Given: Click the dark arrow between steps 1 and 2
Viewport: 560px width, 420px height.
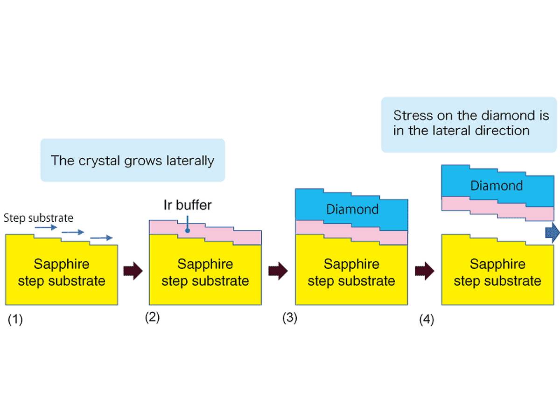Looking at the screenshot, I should pos(133,271).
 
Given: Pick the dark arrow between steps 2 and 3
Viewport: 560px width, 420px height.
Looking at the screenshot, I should pos(279,271).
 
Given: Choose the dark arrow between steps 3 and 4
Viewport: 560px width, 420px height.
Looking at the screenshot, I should pos(425,271).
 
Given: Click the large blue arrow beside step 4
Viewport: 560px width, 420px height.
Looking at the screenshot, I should pos(552,232).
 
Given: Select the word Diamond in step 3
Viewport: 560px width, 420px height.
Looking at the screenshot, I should pos(352,209).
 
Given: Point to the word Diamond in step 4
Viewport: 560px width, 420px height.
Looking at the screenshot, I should pos(496,186).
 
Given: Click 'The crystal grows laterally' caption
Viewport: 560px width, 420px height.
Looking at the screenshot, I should pos(133,161).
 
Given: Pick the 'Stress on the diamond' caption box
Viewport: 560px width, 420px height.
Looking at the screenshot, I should pos(469,123).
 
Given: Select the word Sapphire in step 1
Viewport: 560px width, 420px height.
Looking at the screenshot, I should pos(61,264).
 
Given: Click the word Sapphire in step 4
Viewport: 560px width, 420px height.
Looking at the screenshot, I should pos(497,264).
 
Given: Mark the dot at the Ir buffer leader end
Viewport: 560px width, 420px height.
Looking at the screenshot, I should pos(188,230).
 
